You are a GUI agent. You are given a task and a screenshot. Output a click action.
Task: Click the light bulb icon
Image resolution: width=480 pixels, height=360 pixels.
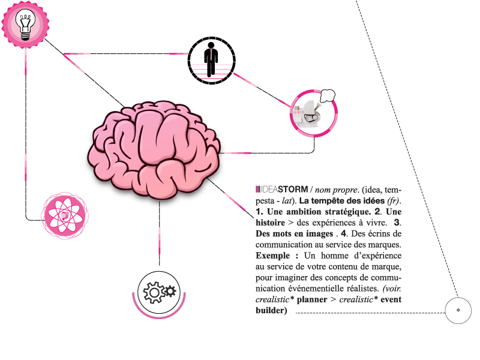(x=25, y=25)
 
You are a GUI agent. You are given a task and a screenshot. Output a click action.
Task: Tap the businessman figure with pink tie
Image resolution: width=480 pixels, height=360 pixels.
(x=211, y=59)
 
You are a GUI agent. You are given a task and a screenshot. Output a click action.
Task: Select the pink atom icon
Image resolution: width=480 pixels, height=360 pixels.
(x=65, y=215)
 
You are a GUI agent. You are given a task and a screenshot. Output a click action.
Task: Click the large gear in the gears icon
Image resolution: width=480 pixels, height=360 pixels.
(x=154, y=292)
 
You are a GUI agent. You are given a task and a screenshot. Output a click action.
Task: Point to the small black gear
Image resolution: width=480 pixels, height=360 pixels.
(x=170, y=291)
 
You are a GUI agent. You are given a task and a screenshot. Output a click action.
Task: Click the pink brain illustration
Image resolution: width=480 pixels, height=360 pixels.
(x=154, y=149)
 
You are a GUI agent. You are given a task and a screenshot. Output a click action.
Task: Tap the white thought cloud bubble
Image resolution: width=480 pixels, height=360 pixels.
(x=327, y=96)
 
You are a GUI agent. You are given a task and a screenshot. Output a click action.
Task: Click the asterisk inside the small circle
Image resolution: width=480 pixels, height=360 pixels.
(x=458, y=310)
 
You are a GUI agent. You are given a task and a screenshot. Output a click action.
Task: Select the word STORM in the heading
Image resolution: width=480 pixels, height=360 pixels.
(x=293, y=190)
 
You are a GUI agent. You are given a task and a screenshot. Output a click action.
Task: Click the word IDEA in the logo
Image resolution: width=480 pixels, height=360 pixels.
(x=269, y=190)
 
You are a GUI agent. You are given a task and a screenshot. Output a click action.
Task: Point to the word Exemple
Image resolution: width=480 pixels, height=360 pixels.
(x=273, y=256)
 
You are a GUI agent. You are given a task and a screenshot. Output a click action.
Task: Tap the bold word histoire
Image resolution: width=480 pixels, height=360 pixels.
(x=271, y=223)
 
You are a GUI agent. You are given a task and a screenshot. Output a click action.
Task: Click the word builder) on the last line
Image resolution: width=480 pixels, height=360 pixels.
(x=271, y=310)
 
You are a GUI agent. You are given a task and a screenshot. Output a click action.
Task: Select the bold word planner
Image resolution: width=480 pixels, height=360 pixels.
(x=312, y=299)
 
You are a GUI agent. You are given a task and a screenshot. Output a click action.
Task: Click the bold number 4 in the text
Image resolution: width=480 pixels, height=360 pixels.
(x=344, y=233)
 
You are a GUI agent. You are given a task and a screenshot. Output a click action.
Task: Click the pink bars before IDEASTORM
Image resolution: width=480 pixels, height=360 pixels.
(x=258, y=190)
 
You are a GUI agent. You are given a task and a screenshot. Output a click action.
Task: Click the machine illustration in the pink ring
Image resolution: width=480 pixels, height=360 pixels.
(x=307, y=113)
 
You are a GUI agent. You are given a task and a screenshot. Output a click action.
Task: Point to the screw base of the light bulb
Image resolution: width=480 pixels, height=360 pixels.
(x=25, y=36)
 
